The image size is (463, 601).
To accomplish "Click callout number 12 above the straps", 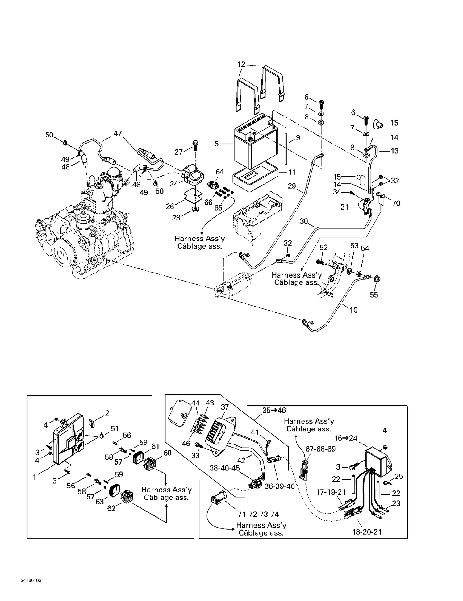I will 241,64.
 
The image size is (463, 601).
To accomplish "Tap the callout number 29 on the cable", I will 292,186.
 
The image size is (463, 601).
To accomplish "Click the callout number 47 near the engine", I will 118,133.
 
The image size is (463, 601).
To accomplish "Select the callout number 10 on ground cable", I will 353,310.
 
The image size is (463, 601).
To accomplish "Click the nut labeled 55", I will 377,279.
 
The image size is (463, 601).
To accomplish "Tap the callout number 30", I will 304,221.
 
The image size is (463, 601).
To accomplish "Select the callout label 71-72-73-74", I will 258,514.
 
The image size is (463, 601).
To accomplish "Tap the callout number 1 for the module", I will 35,477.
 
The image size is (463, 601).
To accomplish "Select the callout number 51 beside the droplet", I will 115,428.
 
